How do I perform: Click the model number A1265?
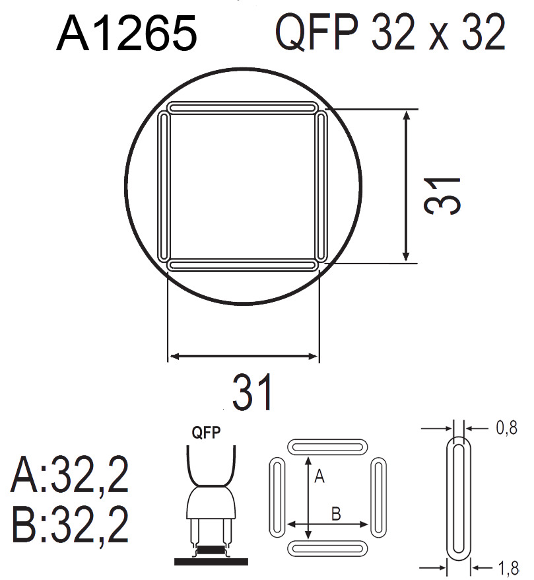(127, 34)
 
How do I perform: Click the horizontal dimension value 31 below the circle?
(252, 392)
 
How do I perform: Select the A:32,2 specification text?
(69, 477)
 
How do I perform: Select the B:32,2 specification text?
(69, 526)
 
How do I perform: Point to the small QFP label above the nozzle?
(206, 433)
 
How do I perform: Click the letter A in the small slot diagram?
(319, 476)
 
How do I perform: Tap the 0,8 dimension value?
(506, 429)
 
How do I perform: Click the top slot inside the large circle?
(242, 107)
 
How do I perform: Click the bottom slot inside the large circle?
(242, 265)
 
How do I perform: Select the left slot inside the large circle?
(164, 186)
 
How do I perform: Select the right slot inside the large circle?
(321, 186)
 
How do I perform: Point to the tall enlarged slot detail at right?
(459, 497)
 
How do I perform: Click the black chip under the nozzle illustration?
(211, 550)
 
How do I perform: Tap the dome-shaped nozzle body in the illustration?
(211, 505)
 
